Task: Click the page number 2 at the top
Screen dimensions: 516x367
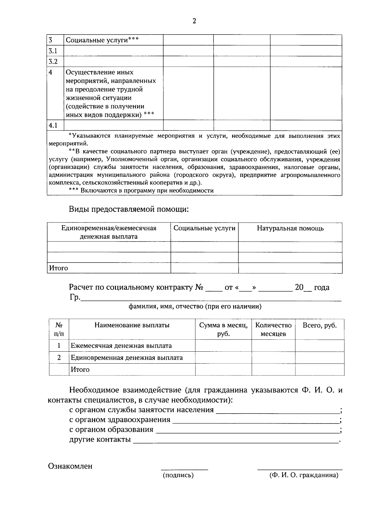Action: click(x=194, y=21)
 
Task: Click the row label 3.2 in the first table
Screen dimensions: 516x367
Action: click(x=53, y=62)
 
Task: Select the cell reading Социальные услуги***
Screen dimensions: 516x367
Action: click(x=102, y=40)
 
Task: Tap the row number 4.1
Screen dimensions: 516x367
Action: click(x=53, y=125)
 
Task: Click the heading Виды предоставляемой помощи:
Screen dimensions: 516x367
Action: click(x=129, y=209)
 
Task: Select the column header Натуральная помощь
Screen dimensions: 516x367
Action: click(x=290, y=228)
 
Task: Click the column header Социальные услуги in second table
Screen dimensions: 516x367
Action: click(x=204, y=228)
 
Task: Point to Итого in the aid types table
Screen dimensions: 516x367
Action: click(x=59, y=268)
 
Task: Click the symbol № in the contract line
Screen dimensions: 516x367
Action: click(x=199, y=287)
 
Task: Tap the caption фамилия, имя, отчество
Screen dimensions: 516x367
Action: click(x=195, y=306)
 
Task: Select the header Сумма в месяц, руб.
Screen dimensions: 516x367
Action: click(x=223, y=329)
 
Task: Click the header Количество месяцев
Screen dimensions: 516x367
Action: click(x=273, y=329)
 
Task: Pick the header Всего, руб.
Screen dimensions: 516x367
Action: click(x=319, y=325)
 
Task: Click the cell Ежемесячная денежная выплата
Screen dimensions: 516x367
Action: click(x=121, y=346)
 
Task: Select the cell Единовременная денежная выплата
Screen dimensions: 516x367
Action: click(x=127, y=358)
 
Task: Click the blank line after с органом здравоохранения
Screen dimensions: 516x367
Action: click(x=256, y=420)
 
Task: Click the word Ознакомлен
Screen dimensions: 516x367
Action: click(x=70, y=466)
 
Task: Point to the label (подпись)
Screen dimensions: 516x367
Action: click(x=178, y=475)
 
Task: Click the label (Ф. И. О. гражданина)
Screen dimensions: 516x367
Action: click(x=304, y=475)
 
